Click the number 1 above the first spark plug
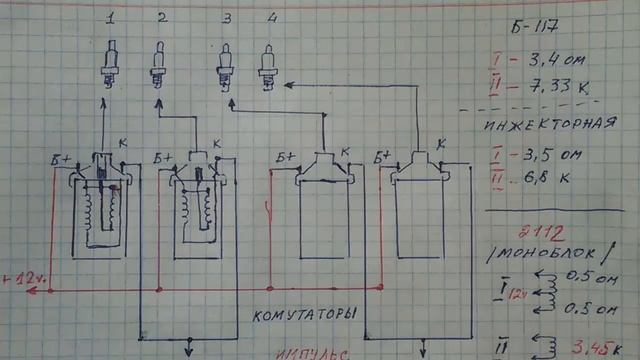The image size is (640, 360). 110,19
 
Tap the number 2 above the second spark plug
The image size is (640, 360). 160,19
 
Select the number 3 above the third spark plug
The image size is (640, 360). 227,19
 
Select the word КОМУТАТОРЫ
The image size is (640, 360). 302,312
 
